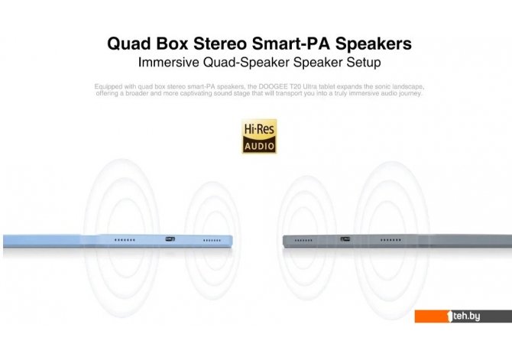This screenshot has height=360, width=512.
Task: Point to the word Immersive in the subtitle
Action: pos(168,62)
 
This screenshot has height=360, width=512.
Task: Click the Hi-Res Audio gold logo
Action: pos(259,136)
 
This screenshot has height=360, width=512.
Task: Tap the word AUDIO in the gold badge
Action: pos(259,146)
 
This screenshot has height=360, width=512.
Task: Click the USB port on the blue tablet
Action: pos(170,239)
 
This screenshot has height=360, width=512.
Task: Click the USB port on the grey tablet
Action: pos(345,239)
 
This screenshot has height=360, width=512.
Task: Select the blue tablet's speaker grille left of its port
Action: pos(125,240)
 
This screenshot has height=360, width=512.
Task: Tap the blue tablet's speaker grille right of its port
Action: pos(212,241)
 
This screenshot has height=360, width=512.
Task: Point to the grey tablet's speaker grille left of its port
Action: pos(303,241)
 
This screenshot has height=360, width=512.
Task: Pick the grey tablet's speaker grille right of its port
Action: pos(390,240)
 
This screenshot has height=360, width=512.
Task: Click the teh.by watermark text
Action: pos(466,316)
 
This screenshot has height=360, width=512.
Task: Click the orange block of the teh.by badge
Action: pos(432,316)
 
